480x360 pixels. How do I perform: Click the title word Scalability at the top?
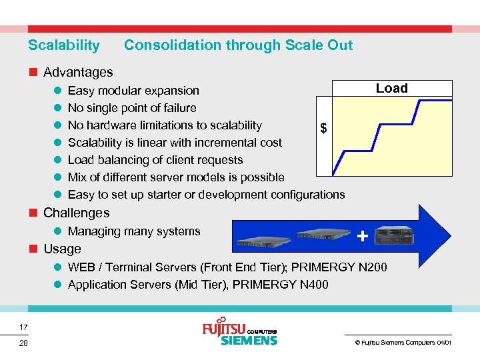coord(63,45)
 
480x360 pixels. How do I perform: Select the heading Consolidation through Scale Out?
coord(238,45)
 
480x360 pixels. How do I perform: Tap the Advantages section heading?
coord(78,72)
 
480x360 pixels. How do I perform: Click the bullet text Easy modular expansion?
coord(133,91)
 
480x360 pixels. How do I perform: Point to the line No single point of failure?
coord(132,108)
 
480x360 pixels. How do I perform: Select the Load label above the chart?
coord(391,89)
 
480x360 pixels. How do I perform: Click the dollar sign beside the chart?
coord(323,128)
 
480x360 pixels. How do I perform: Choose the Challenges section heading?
coord(76,213)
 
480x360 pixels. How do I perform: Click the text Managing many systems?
coord(134,231)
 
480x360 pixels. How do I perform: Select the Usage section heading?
coord(62,249)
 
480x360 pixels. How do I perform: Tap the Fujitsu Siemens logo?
coord(239,331)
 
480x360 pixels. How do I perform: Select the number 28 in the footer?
coord(23,343)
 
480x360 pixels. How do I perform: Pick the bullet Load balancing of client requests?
coord(155,160)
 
